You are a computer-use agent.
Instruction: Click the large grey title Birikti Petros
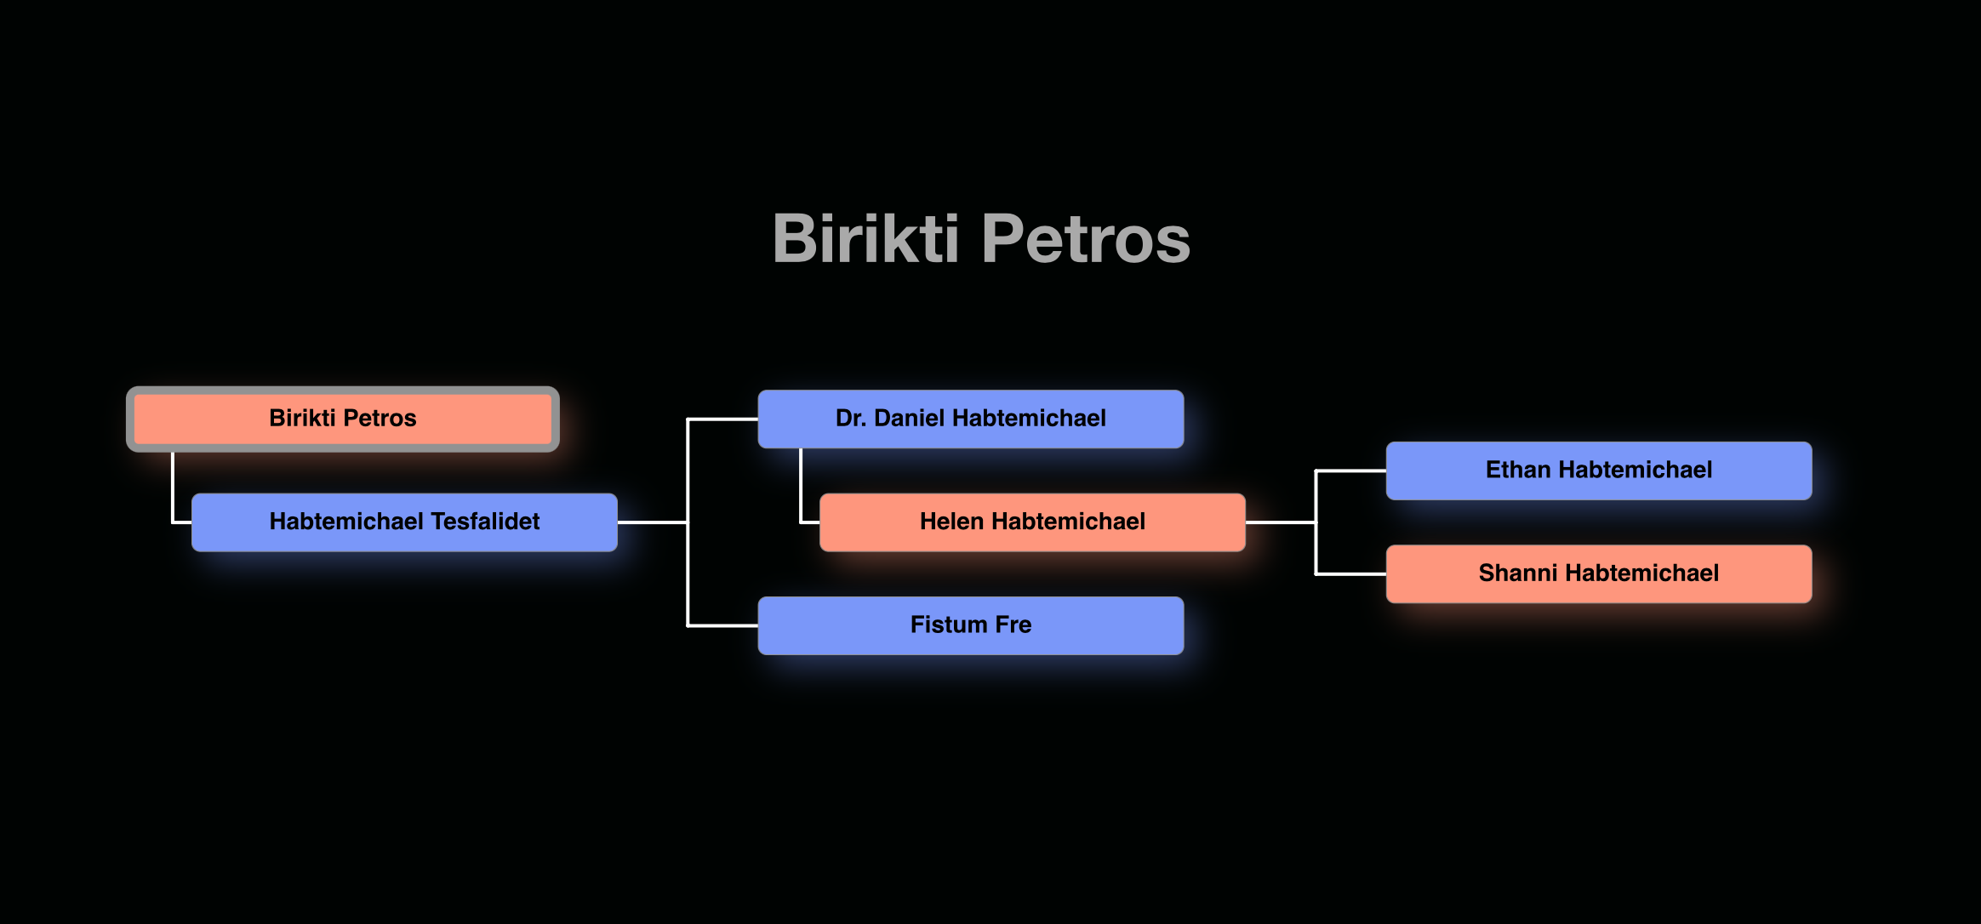[981, 239]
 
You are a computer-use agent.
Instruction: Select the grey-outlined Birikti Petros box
[343, 419]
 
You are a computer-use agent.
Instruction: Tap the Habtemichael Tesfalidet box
[404, 522]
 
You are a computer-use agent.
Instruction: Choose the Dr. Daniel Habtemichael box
[970, 419]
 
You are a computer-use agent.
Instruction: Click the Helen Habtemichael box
[1032, 522]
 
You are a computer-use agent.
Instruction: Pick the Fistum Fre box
[970, 625]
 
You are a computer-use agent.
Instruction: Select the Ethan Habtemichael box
[1598, 471]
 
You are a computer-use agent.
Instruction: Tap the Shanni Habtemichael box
[1598, 573]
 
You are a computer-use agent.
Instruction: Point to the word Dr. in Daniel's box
[850, 419]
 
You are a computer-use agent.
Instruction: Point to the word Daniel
[909, 419]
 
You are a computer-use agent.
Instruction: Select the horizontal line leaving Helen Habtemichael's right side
[1280, 522]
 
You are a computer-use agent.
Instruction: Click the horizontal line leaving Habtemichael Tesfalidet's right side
[652, 522]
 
